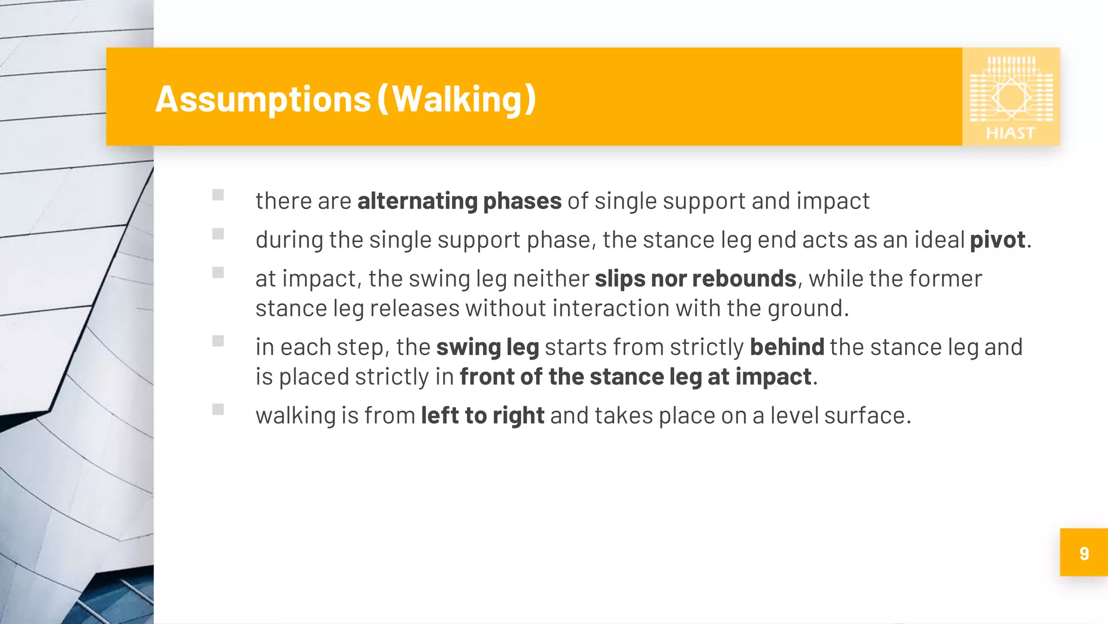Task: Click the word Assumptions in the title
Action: click(x=263, y=100)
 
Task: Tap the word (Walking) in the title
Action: click(x=456, y=99)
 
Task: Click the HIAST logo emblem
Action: click(x=1011, y=90)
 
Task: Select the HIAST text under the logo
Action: click(x=1010, y=133)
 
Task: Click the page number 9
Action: click(x=1084, y=553)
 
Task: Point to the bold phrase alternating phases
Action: click(x=459, y=201)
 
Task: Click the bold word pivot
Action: click(x=997, y=240)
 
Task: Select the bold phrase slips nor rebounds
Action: click(x=695, y=279)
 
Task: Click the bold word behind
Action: click(x=787, y=347)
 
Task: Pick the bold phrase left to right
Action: click(x=483, y=416)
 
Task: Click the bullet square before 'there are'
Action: click(x=218, y=195)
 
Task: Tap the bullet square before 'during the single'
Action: click(x=218, y=234)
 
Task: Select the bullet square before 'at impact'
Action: click(x=218, y=272)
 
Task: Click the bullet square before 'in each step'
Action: click(x=218, y=341)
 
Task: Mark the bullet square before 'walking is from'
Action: click(x=218, y=409)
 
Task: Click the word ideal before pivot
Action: click(x=939, y=240)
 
